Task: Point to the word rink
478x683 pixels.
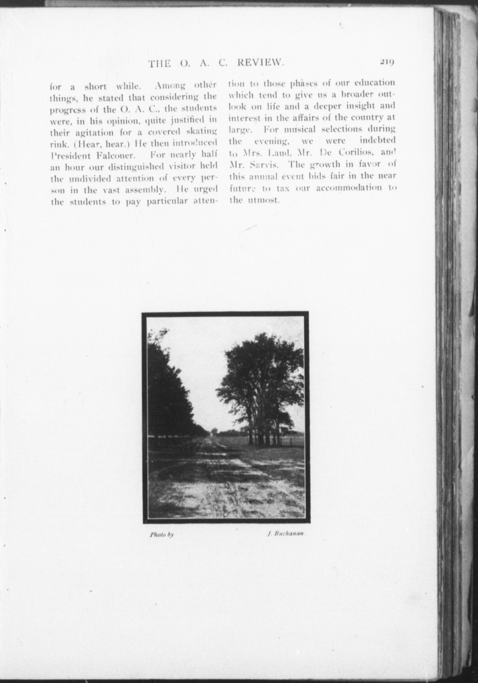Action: point(57,143)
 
